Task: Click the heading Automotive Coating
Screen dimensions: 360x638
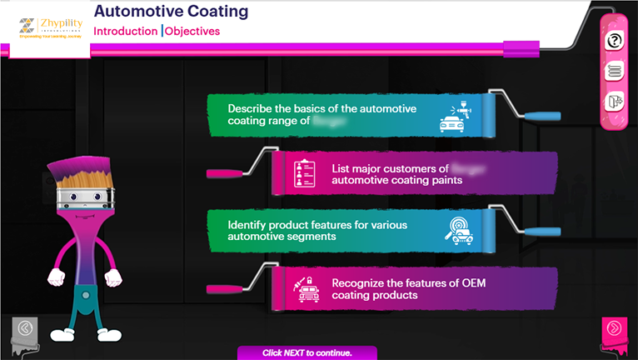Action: (171, 12)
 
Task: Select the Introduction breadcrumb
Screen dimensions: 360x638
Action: (125, 31)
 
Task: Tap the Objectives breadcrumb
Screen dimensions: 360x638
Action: (192, 31)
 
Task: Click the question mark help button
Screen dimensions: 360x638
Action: (615, 40)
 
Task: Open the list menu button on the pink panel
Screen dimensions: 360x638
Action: (615, 71)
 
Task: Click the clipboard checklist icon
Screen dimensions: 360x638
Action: (304, 172)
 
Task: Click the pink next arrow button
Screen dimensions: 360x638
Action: (615, 328)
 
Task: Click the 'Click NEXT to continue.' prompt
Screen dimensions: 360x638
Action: (307, 352)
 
